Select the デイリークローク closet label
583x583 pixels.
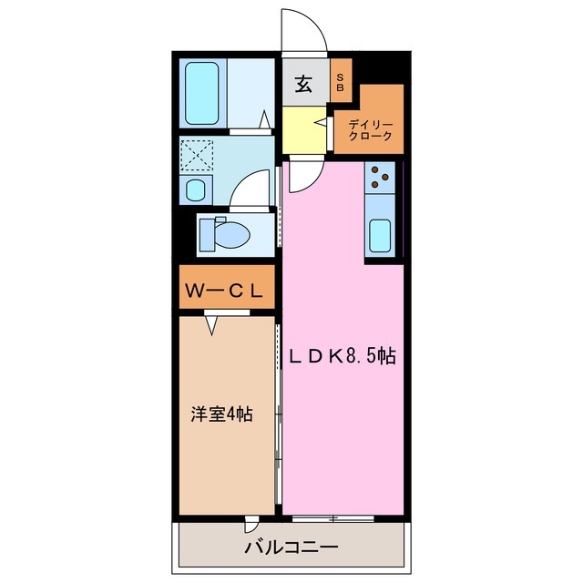tap(370, 129)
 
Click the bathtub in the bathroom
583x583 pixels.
tap(203, 94)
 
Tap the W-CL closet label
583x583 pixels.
tap(225, 291)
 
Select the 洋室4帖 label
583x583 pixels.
tap(221, 414)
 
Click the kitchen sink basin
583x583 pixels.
tap(381, 236)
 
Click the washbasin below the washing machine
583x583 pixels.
tap(196, 190)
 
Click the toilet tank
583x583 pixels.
tap(207, 234)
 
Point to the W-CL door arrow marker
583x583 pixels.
tap(212, 322)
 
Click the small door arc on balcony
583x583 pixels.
tap(252, 526)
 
